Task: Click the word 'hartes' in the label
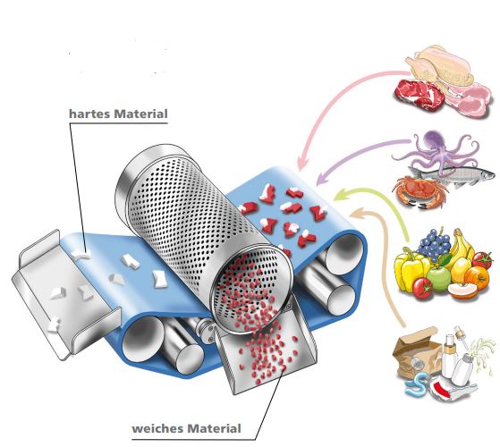coord(89,114)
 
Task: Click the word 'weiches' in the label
coord(154,428)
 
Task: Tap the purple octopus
coord(436,149)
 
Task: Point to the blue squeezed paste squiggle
coord(416,384)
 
